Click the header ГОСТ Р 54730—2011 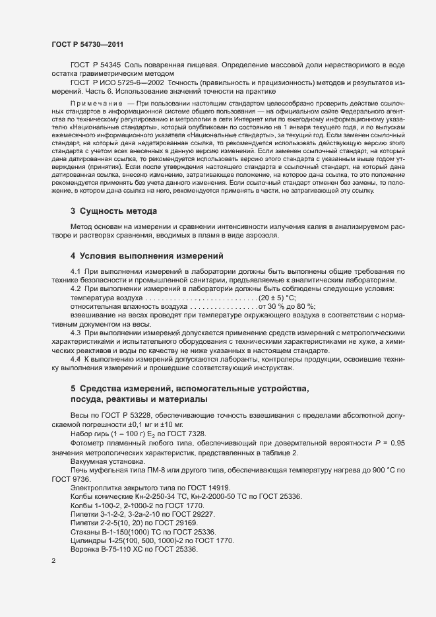(88, 44)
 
